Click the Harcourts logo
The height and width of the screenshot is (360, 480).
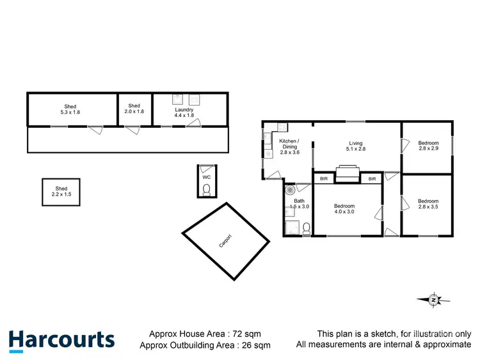pos(61,340)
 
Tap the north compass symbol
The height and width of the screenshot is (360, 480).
pos(434,299)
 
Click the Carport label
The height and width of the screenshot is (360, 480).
pos(225,242)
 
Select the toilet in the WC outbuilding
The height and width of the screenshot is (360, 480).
pos(206,189)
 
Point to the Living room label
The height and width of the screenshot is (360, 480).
pos(355,147)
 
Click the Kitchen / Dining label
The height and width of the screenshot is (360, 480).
pos(290,146)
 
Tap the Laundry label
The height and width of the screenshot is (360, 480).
pos(184,113)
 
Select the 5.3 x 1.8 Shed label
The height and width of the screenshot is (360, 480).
pos(70,109)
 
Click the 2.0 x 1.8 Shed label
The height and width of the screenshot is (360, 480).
pos(134,109)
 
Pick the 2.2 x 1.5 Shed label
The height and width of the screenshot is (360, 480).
pos(61,192)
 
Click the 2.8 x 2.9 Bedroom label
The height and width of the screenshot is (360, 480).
pos(428,146)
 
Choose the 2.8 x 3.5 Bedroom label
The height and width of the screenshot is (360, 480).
pos(428,204)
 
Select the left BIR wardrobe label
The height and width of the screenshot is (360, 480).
pos(324,179)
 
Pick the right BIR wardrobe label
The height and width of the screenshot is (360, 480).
pos(371,179)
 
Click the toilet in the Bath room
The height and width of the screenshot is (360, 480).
pos(306,228)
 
